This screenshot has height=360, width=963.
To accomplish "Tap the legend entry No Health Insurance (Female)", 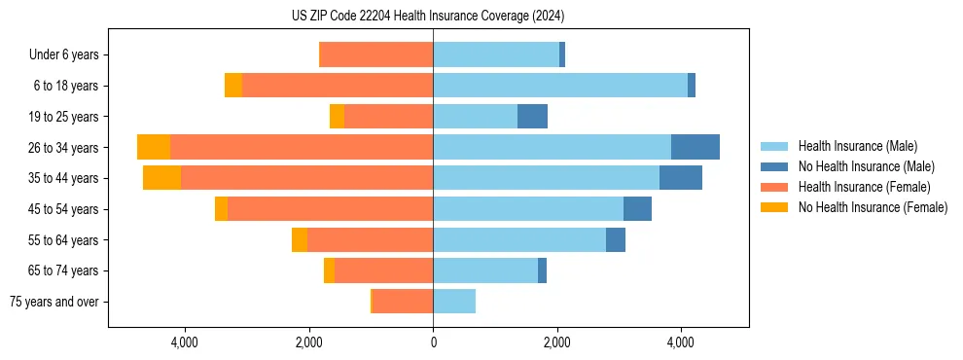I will coord(873,207).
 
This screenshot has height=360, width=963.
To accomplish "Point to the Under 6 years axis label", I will coord(63,55).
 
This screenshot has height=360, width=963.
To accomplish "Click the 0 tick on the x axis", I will coord(433,342).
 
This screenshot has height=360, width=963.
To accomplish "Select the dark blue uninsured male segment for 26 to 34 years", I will coord(695,147).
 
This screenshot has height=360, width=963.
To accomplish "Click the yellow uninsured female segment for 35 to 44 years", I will coord(161,178).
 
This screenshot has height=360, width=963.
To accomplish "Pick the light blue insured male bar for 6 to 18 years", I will coord(560,86).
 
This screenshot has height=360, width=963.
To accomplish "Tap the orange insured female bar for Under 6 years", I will coord(376,54).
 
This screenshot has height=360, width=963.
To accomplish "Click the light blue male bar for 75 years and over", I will coord(454,302).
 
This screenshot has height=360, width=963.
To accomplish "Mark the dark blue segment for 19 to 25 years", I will coord(532,117).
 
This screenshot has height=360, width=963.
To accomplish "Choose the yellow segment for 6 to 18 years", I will coord(233,86).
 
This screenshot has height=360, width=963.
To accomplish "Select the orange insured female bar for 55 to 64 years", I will coord(370,240).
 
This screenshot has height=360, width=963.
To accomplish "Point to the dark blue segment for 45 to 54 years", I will coord(637,209).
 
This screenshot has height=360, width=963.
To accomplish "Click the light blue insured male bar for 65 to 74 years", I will coord(485,270).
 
